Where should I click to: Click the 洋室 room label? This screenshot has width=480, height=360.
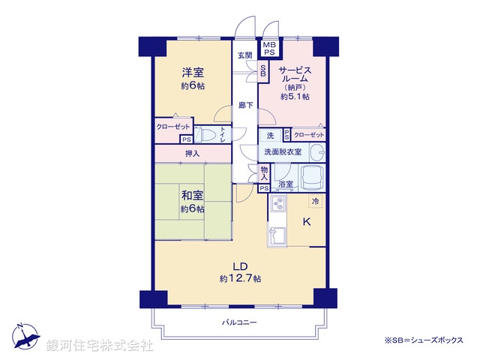193,73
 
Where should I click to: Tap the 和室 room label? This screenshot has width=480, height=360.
193,196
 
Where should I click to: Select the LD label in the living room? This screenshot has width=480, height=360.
240,265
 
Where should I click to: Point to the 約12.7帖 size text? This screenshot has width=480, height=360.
240,279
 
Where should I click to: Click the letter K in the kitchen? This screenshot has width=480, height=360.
306,222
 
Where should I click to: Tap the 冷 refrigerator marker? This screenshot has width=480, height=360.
316,201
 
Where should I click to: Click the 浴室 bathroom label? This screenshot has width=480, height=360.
285,184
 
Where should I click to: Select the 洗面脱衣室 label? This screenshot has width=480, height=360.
282,152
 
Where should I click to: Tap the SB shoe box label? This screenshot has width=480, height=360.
263,71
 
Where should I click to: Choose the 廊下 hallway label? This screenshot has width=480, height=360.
245,105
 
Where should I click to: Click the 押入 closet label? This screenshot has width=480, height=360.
193,154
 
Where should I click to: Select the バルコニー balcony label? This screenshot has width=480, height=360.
239,322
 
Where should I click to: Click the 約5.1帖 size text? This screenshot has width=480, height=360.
295,96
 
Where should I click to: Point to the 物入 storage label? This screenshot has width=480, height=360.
265,173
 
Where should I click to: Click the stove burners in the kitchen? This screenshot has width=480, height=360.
277,203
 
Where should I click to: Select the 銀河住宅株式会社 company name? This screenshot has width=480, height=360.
100,346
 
